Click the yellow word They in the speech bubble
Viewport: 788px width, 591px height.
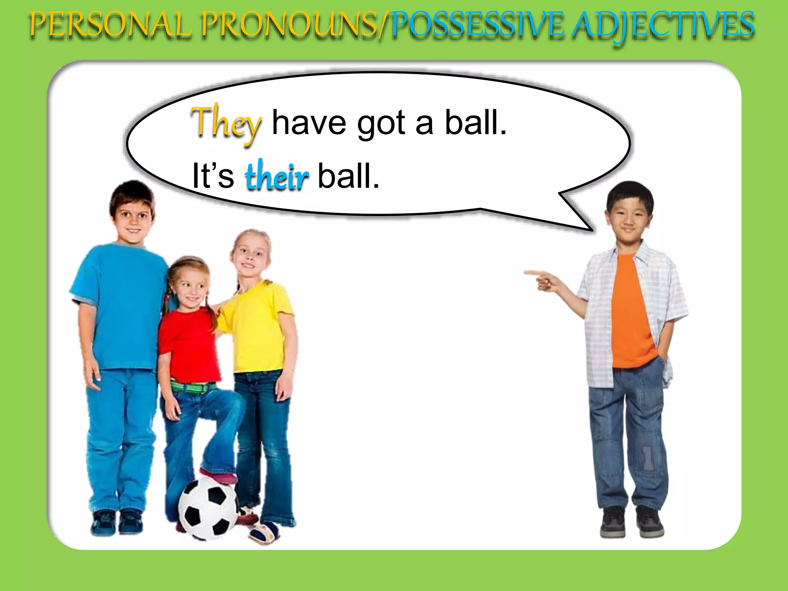(x=226, y=123)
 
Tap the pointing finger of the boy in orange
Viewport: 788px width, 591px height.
(x=529, y=273)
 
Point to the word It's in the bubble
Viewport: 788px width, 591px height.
(x=213, y=176)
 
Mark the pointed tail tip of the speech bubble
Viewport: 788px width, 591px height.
(x=591, y=230)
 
